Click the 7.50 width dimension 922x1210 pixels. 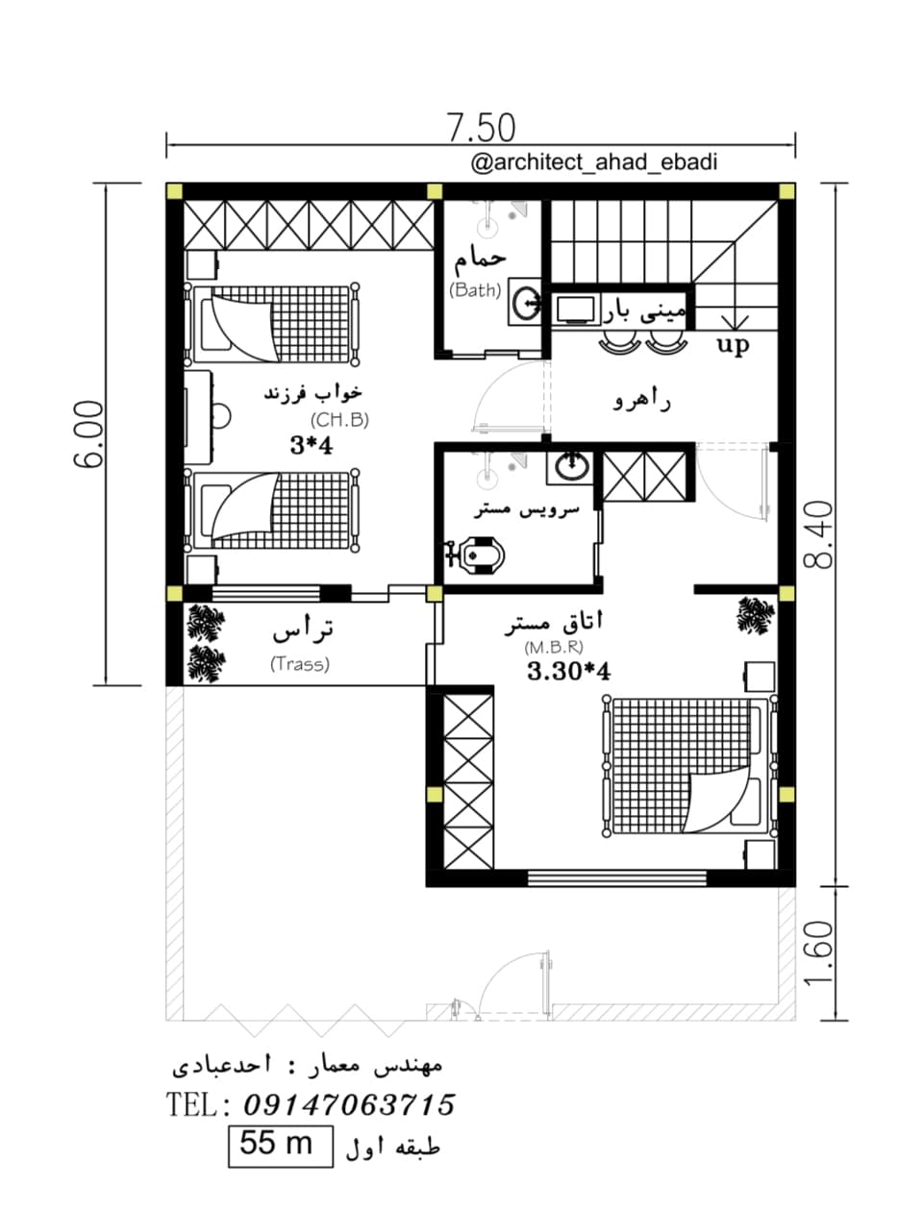(481, 127)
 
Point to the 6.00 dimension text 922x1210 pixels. (88, 434)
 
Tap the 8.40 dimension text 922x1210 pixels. (818, 534)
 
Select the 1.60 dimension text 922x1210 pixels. (818, 954)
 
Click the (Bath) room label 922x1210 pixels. (475, 289)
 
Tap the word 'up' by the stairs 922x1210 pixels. (733, 344)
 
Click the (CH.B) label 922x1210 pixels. (339, 420)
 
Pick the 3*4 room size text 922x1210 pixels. (311, 445)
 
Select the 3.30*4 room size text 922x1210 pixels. (568, 672)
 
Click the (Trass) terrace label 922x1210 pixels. (300, 664)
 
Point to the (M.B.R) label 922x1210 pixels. (554, 647)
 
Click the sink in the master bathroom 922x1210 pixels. (571, 467)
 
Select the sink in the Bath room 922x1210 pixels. (525, 302)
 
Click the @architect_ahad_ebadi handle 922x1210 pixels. (594, 162)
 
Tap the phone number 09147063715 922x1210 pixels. (349, 1104)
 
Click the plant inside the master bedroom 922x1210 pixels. (757, 615)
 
